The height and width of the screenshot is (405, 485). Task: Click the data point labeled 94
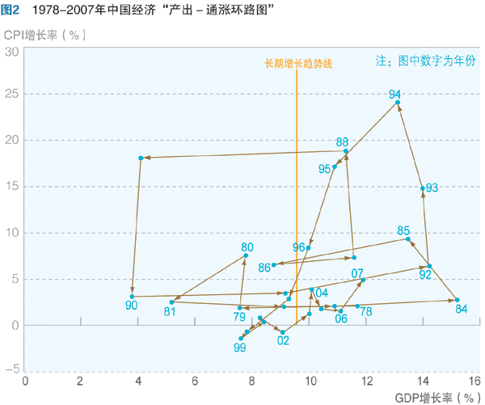[x=398, y=103]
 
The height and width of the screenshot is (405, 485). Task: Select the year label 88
[x=343, y=141]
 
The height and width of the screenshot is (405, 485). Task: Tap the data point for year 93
[x=423, y=188]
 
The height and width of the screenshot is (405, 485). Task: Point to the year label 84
[x=462, y=309]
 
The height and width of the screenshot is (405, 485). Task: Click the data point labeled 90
[x=133, y=297]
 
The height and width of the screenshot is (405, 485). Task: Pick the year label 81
[x=170, y=310]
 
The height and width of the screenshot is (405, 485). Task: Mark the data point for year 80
[x=247, y=255]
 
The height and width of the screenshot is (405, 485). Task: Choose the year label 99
[x=239, y=347]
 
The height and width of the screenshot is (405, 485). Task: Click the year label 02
[x=283, y=340]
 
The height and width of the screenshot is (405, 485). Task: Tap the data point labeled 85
[x=409, y=238]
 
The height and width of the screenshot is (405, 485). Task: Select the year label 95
[x=325, y=169]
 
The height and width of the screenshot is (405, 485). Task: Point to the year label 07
[x=357, y=273]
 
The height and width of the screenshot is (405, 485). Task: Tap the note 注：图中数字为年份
[x=425, y=61]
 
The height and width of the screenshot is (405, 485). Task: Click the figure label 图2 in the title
[x=11, y=11]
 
